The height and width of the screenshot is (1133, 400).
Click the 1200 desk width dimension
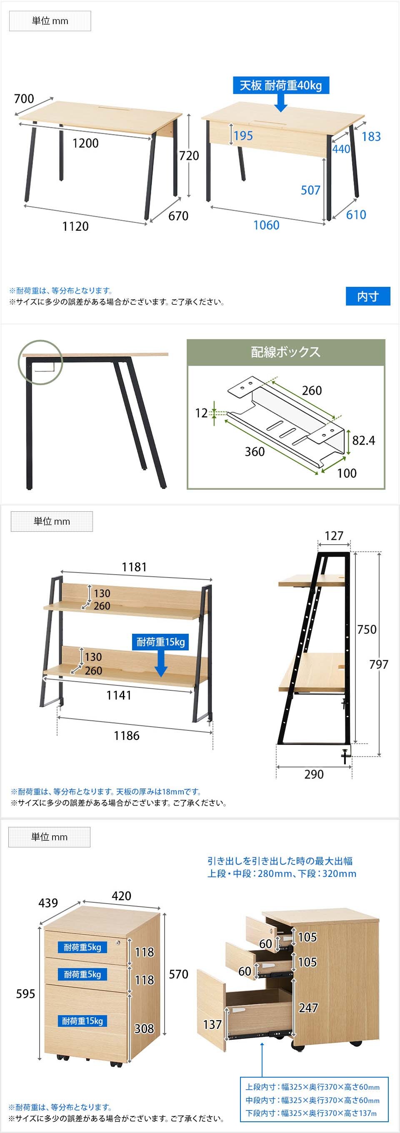pyautogui.click(x=85, y=143)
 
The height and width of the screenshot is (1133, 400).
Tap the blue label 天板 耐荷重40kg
pyautogui.click(x=281, y=85)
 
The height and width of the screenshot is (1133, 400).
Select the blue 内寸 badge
pyautogui.click(x=368, y=296)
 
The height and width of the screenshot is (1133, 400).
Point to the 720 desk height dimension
pyautogui.click(x=189, y=155)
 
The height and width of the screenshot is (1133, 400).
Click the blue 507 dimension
pyautogui.click(x=310, y=190)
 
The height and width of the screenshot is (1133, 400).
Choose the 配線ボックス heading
pyautogui.click(x=285, y=352)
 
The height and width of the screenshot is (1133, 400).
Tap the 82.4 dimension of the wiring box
pyautogui.click(x=363, y=440)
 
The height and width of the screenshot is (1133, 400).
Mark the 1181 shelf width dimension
pyautogui.click(x=134, y=567)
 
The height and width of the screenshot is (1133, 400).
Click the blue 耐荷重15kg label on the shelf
pyautogui.click(x=160, y=642)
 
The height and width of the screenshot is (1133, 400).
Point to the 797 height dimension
pyautogui.click(x=378, y=664)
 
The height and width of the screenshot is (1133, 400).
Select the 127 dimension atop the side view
pyautogui.click(x=334, y=536)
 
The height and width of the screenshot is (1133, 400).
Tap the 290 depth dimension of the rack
pyautogui.click(x=314, y=774)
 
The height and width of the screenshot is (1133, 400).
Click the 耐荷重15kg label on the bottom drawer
pyautogui.click(x=82, y=1021)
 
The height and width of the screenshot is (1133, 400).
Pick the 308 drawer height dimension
pyautogui.click(x=144, y=1028)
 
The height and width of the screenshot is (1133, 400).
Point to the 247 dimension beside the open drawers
pyautogui.click(x=308, y=1007)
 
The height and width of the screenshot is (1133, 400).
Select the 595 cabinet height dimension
pyautogui.click(x=25, y=994)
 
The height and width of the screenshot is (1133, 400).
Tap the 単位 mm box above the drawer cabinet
pyautogui.click(x=49, y=837)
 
